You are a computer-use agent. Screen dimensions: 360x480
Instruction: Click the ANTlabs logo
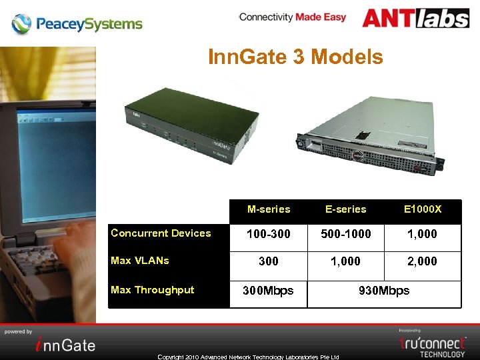(415, 18)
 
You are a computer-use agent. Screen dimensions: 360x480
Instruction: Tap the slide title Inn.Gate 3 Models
(295, 57)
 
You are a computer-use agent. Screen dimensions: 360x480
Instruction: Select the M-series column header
(269, 209)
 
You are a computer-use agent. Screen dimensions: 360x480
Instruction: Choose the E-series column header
(346, 209)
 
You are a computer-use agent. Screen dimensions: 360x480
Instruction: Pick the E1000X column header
(423, 209)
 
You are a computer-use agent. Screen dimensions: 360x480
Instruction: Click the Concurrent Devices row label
(161, 233)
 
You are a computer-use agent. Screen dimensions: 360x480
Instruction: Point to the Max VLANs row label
(140, 261)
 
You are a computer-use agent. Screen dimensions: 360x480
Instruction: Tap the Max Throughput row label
(153, 290)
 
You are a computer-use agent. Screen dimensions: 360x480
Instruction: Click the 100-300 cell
(269, 234)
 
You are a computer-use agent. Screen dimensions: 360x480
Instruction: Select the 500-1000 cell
(346, 234)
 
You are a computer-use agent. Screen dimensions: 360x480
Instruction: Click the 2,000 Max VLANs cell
(423, 261)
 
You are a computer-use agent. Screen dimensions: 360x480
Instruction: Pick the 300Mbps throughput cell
(268, 291)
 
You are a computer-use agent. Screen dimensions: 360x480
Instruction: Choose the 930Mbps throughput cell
(384, 291)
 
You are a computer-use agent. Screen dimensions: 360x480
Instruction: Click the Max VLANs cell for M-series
(269, 261)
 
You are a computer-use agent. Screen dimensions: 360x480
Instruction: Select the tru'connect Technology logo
(433, 345)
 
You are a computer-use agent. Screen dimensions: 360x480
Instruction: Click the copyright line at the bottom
(248, 357)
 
